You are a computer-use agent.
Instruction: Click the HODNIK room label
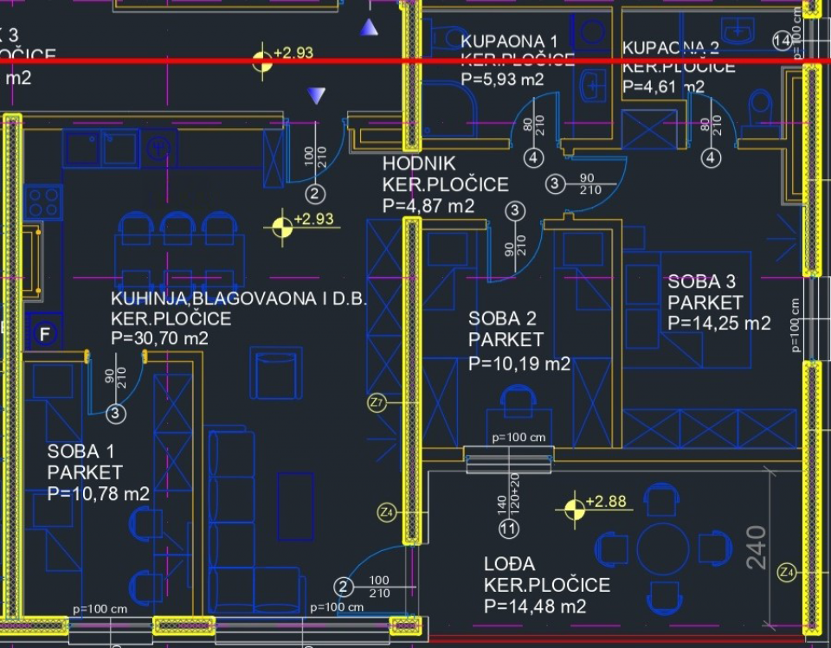tap(419, 164)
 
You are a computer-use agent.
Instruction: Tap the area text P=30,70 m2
tap(159, 338)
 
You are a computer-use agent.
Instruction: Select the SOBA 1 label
tap(81, 451)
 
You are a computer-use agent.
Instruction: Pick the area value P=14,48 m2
tap(535, 606)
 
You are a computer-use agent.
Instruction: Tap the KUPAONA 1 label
tap(509, 41)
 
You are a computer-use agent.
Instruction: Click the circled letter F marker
tap(45, 332)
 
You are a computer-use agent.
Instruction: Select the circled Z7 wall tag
tap(377, 402)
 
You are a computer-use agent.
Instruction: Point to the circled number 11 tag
tap(509, 528)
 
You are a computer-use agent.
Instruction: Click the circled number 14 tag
tap(782, 41)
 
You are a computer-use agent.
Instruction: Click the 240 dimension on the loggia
tap(757, 547)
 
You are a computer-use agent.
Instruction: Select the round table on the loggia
tap(663, 548)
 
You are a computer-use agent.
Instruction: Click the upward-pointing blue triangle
tap(370, 28)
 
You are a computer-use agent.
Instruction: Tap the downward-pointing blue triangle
tap(319, 95)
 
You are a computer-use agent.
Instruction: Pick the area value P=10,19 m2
tap(519, 363)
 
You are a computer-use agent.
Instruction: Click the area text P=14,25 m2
tap(718, 323)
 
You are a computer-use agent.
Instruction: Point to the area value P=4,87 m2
tap(428, 206)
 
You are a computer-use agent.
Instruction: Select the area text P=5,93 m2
tap(502, 80)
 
